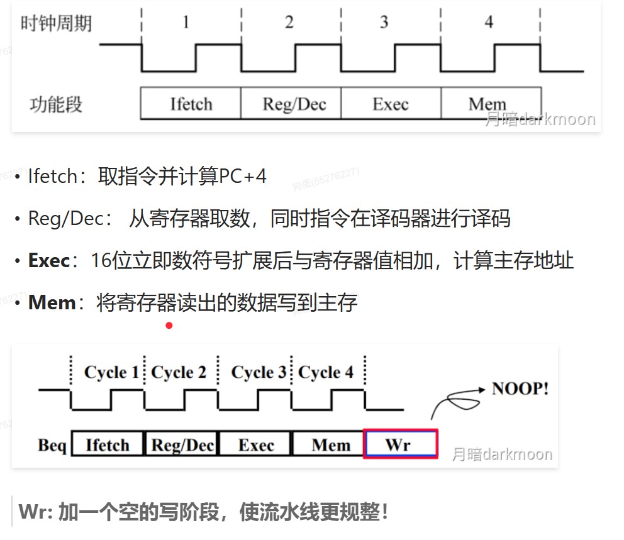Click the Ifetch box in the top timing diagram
(x=191, y=103)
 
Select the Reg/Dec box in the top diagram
(x=291, y=103)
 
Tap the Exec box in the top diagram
(x=391, y=103)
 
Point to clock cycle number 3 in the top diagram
(x=384, y=23)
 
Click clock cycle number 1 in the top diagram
(x=186, y=23)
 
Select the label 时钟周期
(x=56, y=23)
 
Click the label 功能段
(x=56, y=104)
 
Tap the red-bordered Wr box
(x=400, y=444)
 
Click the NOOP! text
(x=520, y=388)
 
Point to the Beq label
(x=52, y=445)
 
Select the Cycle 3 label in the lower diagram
(x=258, y=372)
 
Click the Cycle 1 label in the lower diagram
(x=111, y=372)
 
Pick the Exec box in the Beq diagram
(x=256, y=444)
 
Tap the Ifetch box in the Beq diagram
(x=108, y=444)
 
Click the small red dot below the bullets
(x=169, y=325)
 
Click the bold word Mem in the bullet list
(x=52, y=302)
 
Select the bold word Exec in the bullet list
(x=49, y=260)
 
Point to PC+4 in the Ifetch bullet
(x=243, y=177)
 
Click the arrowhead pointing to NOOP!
(x=482, y=388)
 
